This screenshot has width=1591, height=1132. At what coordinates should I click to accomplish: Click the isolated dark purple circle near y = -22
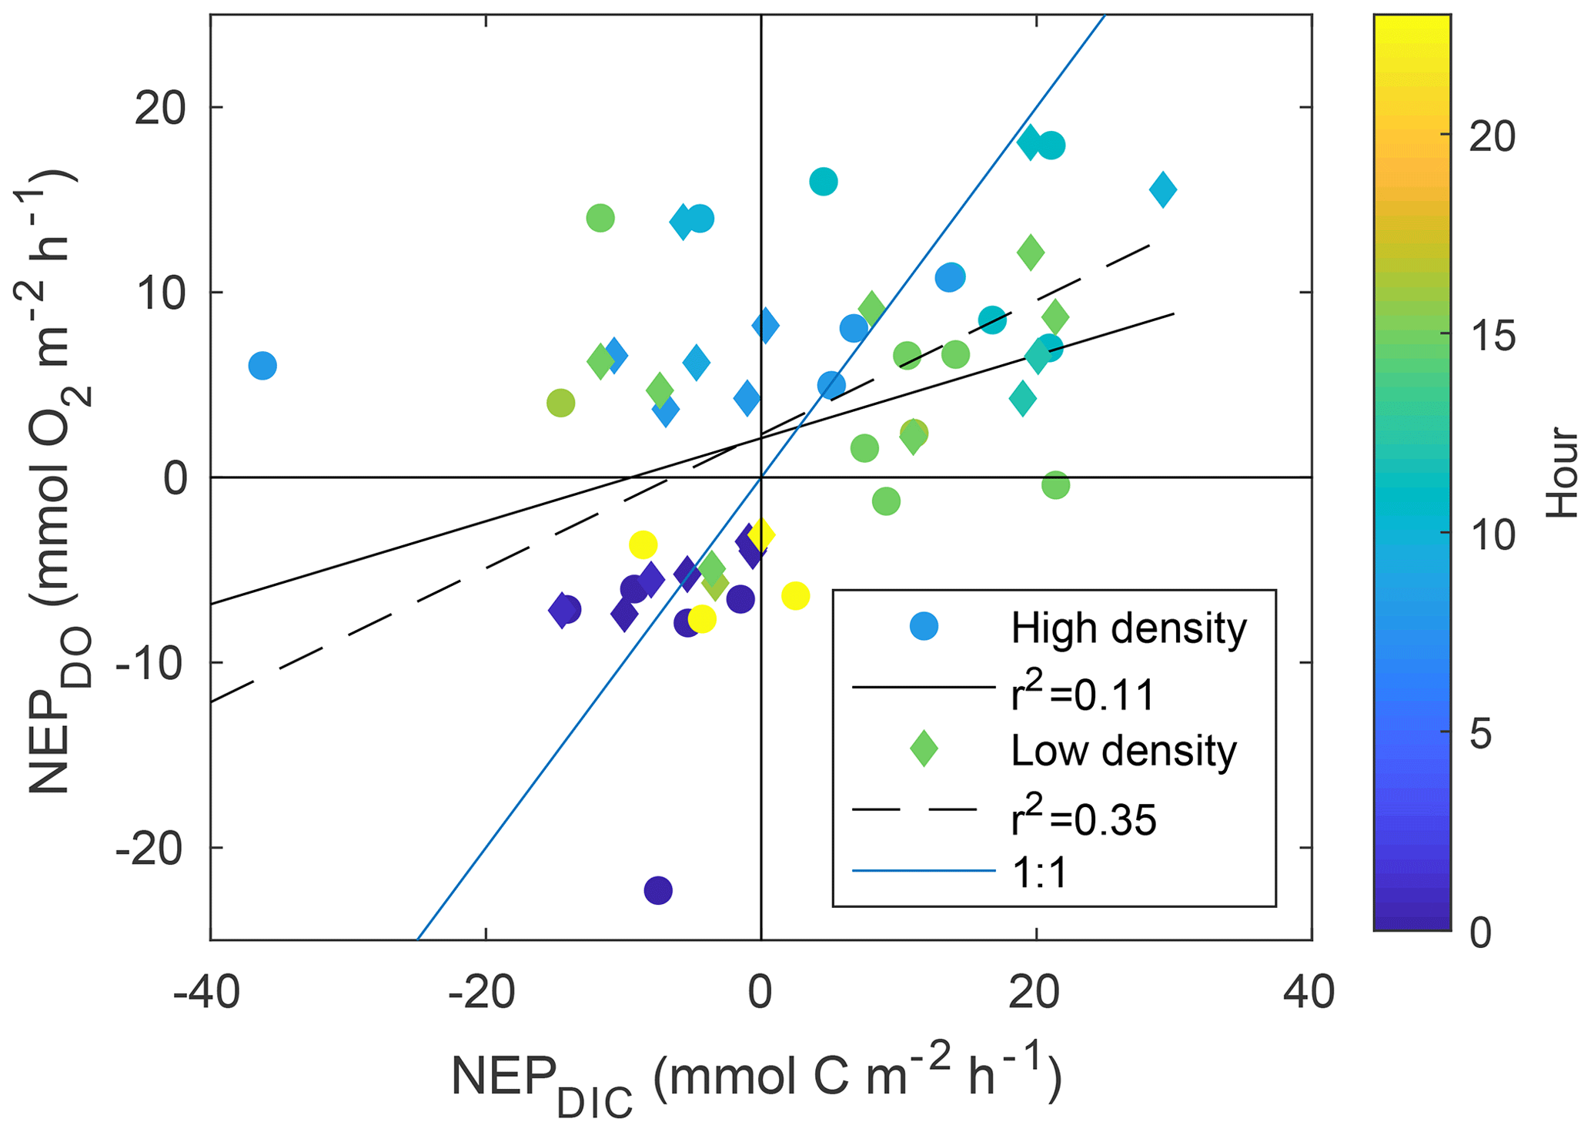(657, 890)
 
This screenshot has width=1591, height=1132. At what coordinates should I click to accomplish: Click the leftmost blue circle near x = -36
(262, 365)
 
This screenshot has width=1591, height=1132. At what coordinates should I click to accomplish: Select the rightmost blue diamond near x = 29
(1162, 189)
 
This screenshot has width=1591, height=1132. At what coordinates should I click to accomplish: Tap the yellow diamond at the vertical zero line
(760, 534)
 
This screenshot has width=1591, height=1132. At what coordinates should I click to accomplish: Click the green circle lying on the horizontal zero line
(1055, 484)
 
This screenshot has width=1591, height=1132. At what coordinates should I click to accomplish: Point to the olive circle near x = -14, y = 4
(560, 402)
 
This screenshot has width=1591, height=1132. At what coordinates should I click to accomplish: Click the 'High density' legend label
(1128, 628)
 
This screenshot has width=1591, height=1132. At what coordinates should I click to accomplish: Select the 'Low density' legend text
(1123, 750)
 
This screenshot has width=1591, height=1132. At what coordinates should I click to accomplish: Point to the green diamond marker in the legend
(924, 749)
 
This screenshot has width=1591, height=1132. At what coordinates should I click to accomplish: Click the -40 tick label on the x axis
(206, 993)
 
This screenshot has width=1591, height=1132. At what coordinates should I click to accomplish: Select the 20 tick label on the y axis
(160, 109)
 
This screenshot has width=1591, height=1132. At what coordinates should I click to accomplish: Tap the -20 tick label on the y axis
(151, 849)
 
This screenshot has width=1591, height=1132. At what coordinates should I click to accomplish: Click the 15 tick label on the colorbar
(1492, 335)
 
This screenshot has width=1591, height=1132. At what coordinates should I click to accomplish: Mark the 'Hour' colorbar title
(1563, 471)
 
